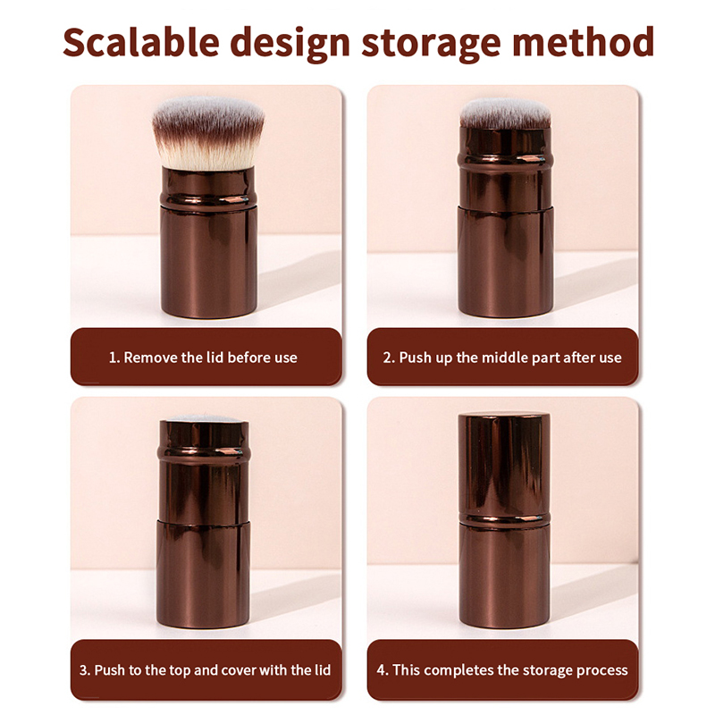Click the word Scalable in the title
pyautogui.click(x=141, y=41)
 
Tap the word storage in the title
pyautogui.click(x=432, y=43)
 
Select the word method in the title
pyautogui.click(x=584, y=41)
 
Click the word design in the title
pyautogui.click(x=290, y=43)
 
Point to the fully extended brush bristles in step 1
pyautogui.click(x=208, y=132)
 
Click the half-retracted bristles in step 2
pyautogui.click(x=505, y=114)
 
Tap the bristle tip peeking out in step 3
pyautogui.click(x=204, y=418)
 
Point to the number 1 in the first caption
pyautogui.click(x=113, y=357)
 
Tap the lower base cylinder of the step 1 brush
pyautogui.click(x=209, y=262)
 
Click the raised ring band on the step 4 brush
pyautogui.click(x=504, y=519)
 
